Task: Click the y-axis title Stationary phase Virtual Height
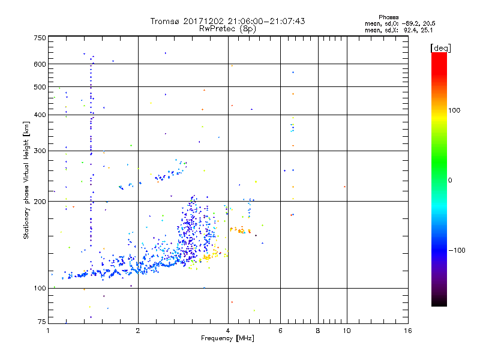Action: [26, 180]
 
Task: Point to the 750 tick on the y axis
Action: [40, 37]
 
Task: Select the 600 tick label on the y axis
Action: [40, 64]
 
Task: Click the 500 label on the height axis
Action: [40, 87]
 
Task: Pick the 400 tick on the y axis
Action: [40, 115]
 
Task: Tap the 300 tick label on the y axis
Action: [40, 151]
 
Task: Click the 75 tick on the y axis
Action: [41, 323]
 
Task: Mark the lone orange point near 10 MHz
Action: [344, 187]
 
